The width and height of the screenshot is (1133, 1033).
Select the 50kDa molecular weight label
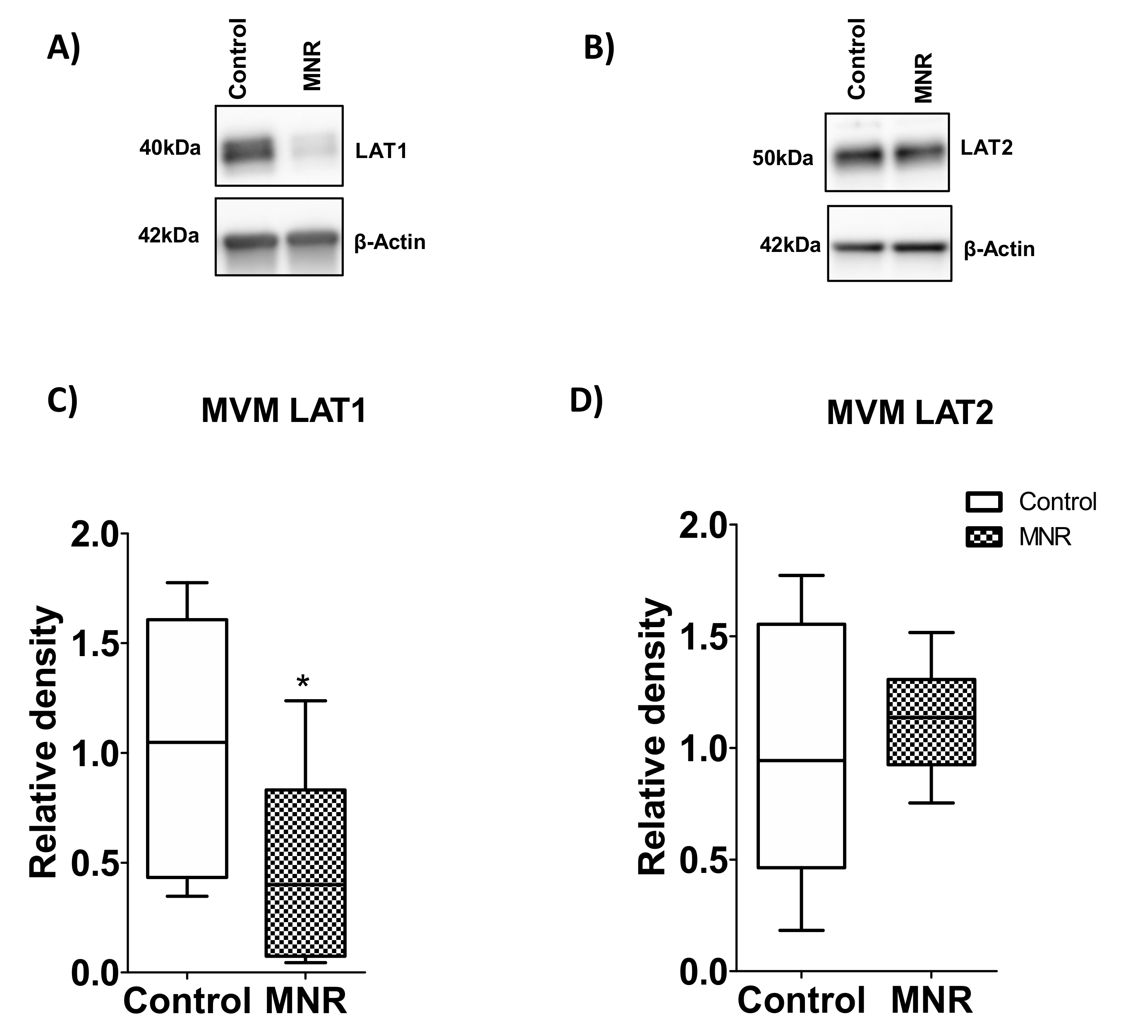pyautogui.click(x=783, y=159)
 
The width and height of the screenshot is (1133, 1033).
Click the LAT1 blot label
pyautogui.click(x=381, y=151)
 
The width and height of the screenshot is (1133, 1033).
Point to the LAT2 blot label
pyautogui.click(x=986, y=148)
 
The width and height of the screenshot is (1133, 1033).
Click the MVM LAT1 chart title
pyautogui.click(x=284, y=411)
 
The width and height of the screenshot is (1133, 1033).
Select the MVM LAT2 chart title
pyautogui.click(x=910, y=413)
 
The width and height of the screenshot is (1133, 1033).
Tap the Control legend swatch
pyautogui.click(x=984, y=501)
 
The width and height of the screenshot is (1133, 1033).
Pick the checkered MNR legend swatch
pyautogui.click(x=984, y=538)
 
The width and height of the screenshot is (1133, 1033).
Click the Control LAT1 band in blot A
pyautogui.click(x=247, y=151)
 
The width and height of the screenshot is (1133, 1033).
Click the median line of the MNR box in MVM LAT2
pyautogui.click(x=931, y=718)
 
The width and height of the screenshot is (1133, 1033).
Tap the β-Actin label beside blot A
pyautogui.click(x=390, y=242)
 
